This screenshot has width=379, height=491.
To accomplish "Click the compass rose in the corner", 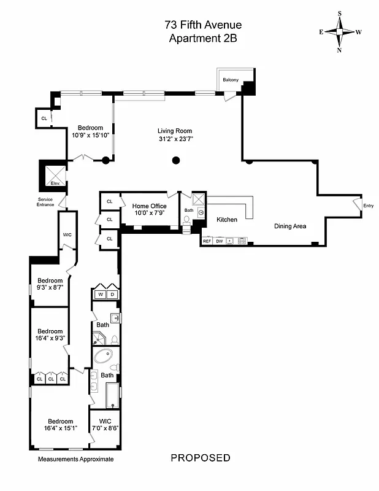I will point(340,32).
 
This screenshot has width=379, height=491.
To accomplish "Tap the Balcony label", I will point(231,80).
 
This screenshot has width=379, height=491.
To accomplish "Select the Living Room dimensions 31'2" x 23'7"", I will point(175,138).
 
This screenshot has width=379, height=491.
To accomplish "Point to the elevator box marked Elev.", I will point(54,174).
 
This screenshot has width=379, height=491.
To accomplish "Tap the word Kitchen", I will point(226,220).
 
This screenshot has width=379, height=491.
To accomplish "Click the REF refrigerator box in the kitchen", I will point(207,241).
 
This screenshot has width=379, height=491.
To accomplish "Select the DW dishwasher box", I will point(219,241).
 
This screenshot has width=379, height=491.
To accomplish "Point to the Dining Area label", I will point(290,226).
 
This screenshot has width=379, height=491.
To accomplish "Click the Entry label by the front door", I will point(368,206).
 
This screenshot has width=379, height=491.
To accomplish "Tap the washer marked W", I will point(101,295).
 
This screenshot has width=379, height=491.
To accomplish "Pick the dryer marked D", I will point(112,295).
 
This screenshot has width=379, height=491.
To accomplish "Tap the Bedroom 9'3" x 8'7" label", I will point(50,284).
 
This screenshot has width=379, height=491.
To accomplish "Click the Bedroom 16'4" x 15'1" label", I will point(60,424).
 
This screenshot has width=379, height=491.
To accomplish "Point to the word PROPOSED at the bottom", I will point(201,458).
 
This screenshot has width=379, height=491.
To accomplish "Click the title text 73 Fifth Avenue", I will point(203,25).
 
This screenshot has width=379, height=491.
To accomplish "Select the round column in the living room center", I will point(176,161).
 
